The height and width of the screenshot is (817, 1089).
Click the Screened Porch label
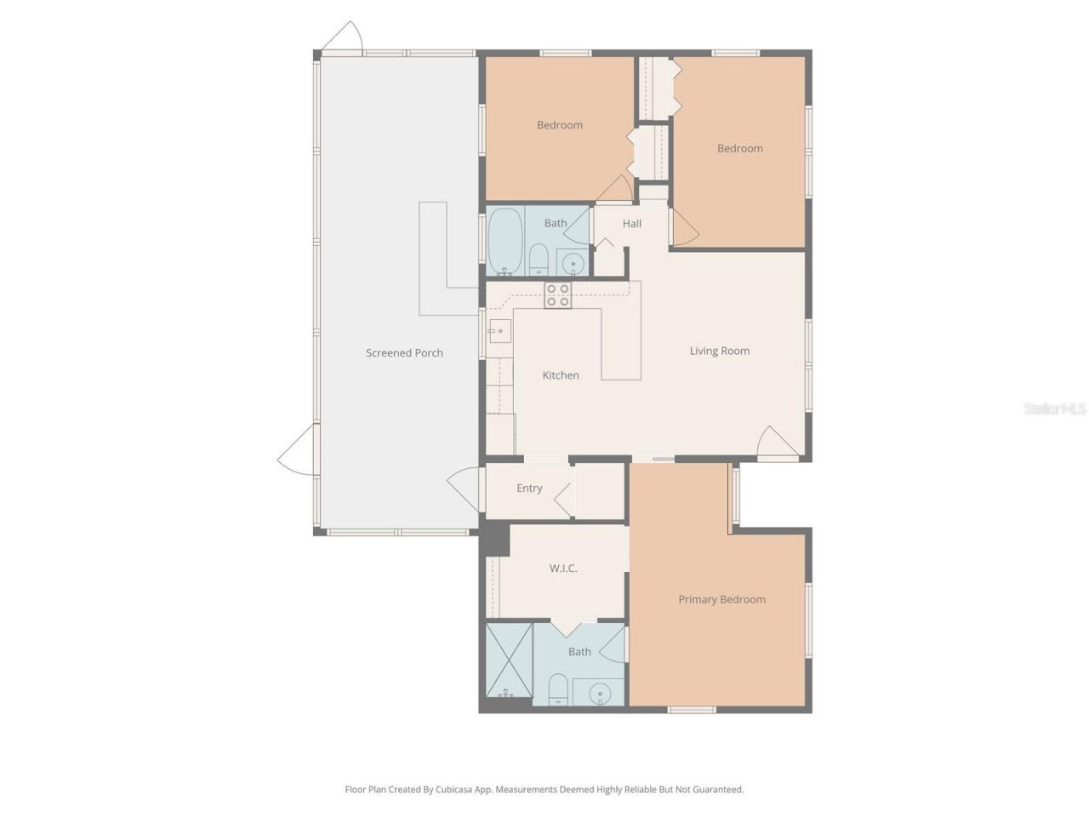404,353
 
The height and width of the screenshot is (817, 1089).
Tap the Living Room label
719,351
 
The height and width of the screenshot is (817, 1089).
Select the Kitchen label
561,375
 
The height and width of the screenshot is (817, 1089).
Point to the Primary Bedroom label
721,599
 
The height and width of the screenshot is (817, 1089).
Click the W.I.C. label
563,568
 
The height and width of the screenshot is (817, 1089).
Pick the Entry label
529,488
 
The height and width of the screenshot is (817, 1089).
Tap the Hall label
631,224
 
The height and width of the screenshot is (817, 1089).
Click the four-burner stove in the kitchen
558,294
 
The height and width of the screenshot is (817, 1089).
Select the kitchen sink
499,329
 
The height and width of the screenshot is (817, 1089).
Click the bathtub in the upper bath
505,241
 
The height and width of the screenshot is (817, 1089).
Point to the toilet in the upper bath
539,259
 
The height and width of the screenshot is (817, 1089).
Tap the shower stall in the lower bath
509,661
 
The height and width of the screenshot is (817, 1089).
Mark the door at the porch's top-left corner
342,37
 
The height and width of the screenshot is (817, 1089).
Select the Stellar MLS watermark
1055,409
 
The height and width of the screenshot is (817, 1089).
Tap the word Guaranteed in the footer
717,790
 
